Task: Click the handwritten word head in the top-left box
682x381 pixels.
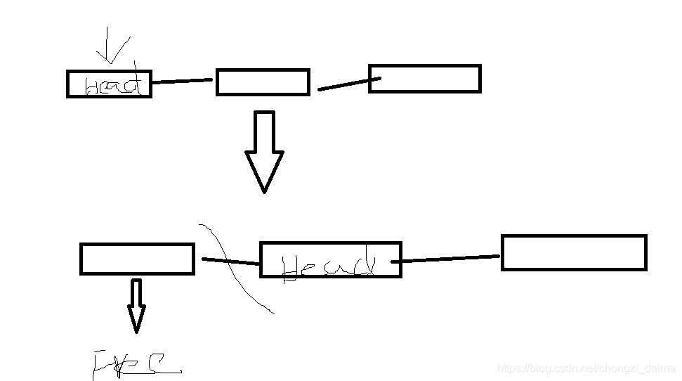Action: [112, 86]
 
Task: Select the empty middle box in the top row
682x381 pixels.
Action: [263, 82]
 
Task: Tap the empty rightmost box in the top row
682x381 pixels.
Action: [424, 79]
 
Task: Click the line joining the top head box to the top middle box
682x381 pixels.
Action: [182, 81]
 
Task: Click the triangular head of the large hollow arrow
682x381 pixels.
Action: [264, 169]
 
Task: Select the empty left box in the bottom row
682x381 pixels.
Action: [137, 259]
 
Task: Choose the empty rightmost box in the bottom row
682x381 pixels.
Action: [573, 252]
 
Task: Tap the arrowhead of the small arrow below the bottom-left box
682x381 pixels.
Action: [136, 320]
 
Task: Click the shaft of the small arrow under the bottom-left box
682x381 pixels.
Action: [136, 294]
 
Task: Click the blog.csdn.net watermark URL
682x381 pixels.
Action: [586, 368]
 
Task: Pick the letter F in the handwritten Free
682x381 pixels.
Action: [103, 365]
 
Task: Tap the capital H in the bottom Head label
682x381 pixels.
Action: [291, 269]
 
